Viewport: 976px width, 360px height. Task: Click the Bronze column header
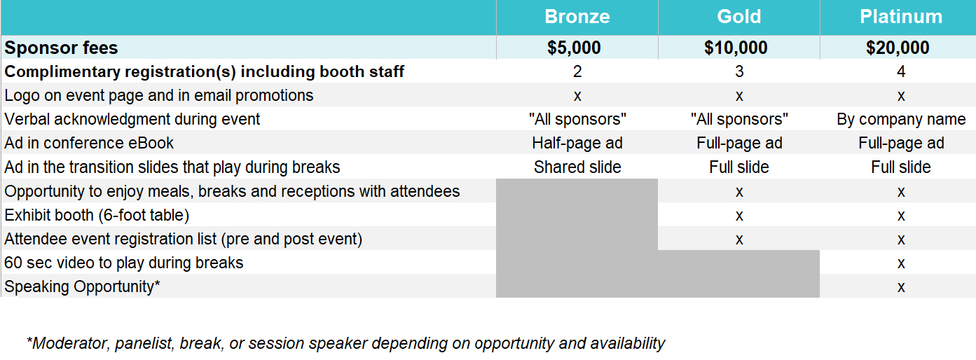577,17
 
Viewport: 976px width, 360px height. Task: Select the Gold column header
739,17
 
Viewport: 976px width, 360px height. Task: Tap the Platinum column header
900,17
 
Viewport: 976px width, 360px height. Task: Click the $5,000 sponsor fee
574,48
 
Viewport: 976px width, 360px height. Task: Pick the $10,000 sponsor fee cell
736,48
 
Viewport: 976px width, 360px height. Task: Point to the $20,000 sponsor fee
897,48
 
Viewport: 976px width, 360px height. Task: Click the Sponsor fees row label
61,48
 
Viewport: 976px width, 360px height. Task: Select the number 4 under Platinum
901,71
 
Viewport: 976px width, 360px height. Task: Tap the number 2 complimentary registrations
577,71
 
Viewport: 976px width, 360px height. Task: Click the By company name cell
901,119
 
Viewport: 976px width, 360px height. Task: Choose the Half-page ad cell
577,143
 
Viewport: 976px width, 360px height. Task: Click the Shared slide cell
577,167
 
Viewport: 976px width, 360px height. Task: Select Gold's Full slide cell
739,167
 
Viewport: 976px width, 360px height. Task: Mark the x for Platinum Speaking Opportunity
901,287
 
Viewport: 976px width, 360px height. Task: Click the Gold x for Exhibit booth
739,216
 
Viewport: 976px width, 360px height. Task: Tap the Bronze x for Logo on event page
577,96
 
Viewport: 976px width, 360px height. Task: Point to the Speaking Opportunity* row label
83,287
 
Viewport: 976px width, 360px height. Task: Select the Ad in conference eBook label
89,143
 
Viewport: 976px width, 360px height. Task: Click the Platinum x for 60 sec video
901,263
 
